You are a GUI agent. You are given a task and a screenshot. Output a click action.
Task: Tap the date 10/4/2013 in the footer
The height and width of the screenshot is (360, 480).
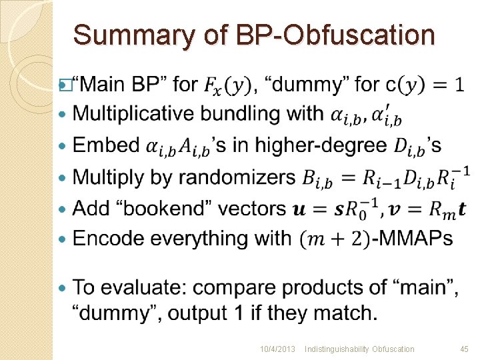point(278,349)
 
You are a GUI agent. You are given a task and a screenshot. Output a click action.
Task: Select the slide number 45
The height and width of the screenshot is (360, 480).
point(464,349)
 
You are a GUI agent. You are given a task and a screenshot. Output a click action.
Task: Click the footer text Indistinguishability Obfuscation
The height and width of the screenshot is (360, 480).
point(359,349)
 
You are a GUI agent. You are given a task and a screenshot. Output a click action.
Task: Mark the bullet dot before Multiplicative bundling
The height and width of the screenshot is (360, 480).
point(63,115)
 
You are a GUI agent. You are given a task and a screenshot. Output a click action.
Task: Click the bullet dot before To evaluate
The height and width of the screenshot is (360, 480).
point(63,289)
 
